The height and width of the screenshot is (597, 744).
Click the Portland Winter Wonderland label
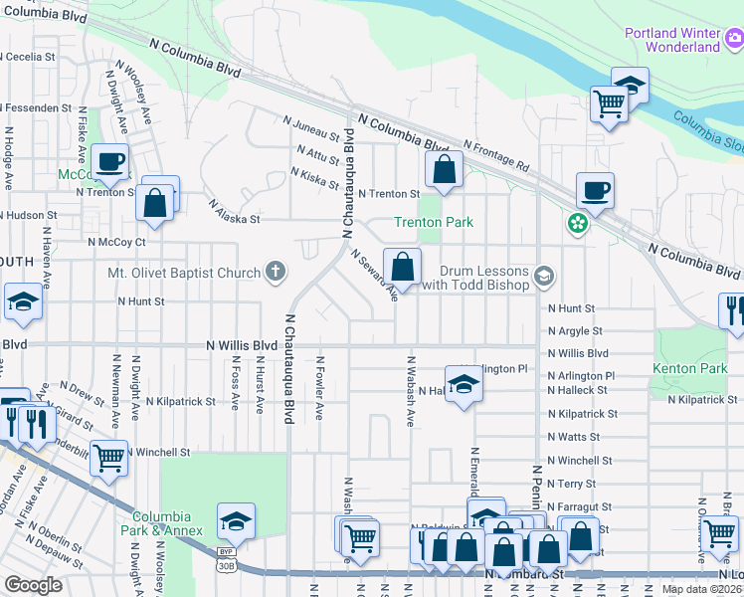pos(672,40)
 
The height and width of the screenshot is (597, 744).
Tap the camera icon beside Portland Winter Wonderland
pos(734,39)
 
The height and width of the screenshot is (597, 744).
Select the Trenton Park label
pos(434,222)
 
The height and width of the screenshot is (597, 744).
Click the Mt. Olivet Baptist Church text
pos(185,272)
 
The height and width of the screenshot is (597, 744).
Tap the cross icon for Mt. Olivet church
pos(276,272)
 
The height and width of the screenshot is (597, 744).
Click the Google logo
pos(33,584)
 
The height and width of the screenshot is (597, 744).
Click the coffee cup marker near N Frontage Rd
pos(595,191)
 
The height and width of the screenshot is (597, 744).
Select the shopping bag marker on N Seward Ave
pos(402,267)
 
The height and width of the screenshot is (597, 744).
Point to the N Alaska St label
pos(234,212)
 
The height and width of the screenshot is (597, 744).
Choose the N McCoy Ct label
pos(116,241)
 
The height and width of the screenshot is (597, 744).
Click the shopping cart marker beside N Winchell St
pos(109,459)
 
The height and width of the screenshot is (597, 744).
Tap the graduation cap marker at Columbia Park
pos(236,521)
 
